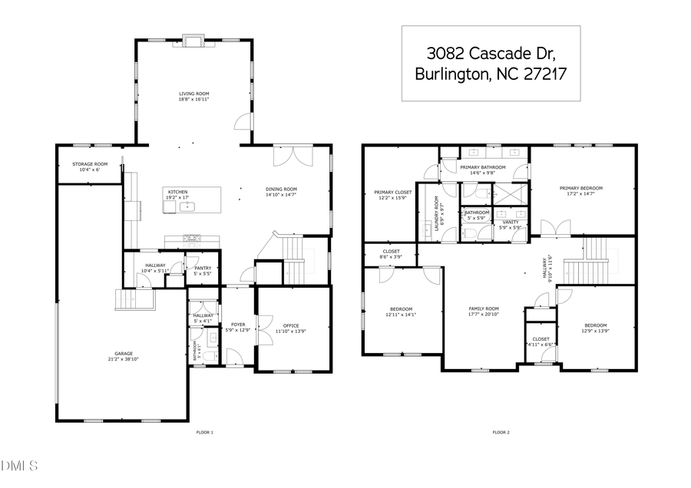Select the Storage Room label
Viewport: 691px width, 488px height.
(x=90, y=164)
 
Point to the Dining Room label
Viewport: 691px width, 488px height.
(x=281, y=190)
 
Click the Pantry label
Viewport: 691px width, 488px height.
(x=203, y=268)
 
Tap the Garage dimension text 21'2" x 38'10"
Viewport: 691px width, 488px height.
(x=122, y=359)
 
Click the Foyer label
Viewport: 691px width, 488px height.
(x=238, y=325)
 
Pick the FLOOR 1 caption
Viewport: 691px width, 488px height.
(x=205, y=433)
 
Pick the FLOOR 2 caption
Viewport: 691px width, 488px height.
(x=501, y=433)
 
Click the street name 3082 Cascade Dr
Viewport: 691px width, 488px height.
(x=491, y=54)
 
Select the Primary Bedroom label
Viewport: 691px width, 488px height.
(x=580, y=188)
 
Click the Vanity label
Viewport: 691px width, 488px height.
(x=511, y=223)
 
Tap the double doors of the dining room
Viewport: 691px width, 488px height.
(x=293, y=156)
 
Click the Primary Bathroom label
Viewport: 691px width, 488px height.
(x=483, y=167)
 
